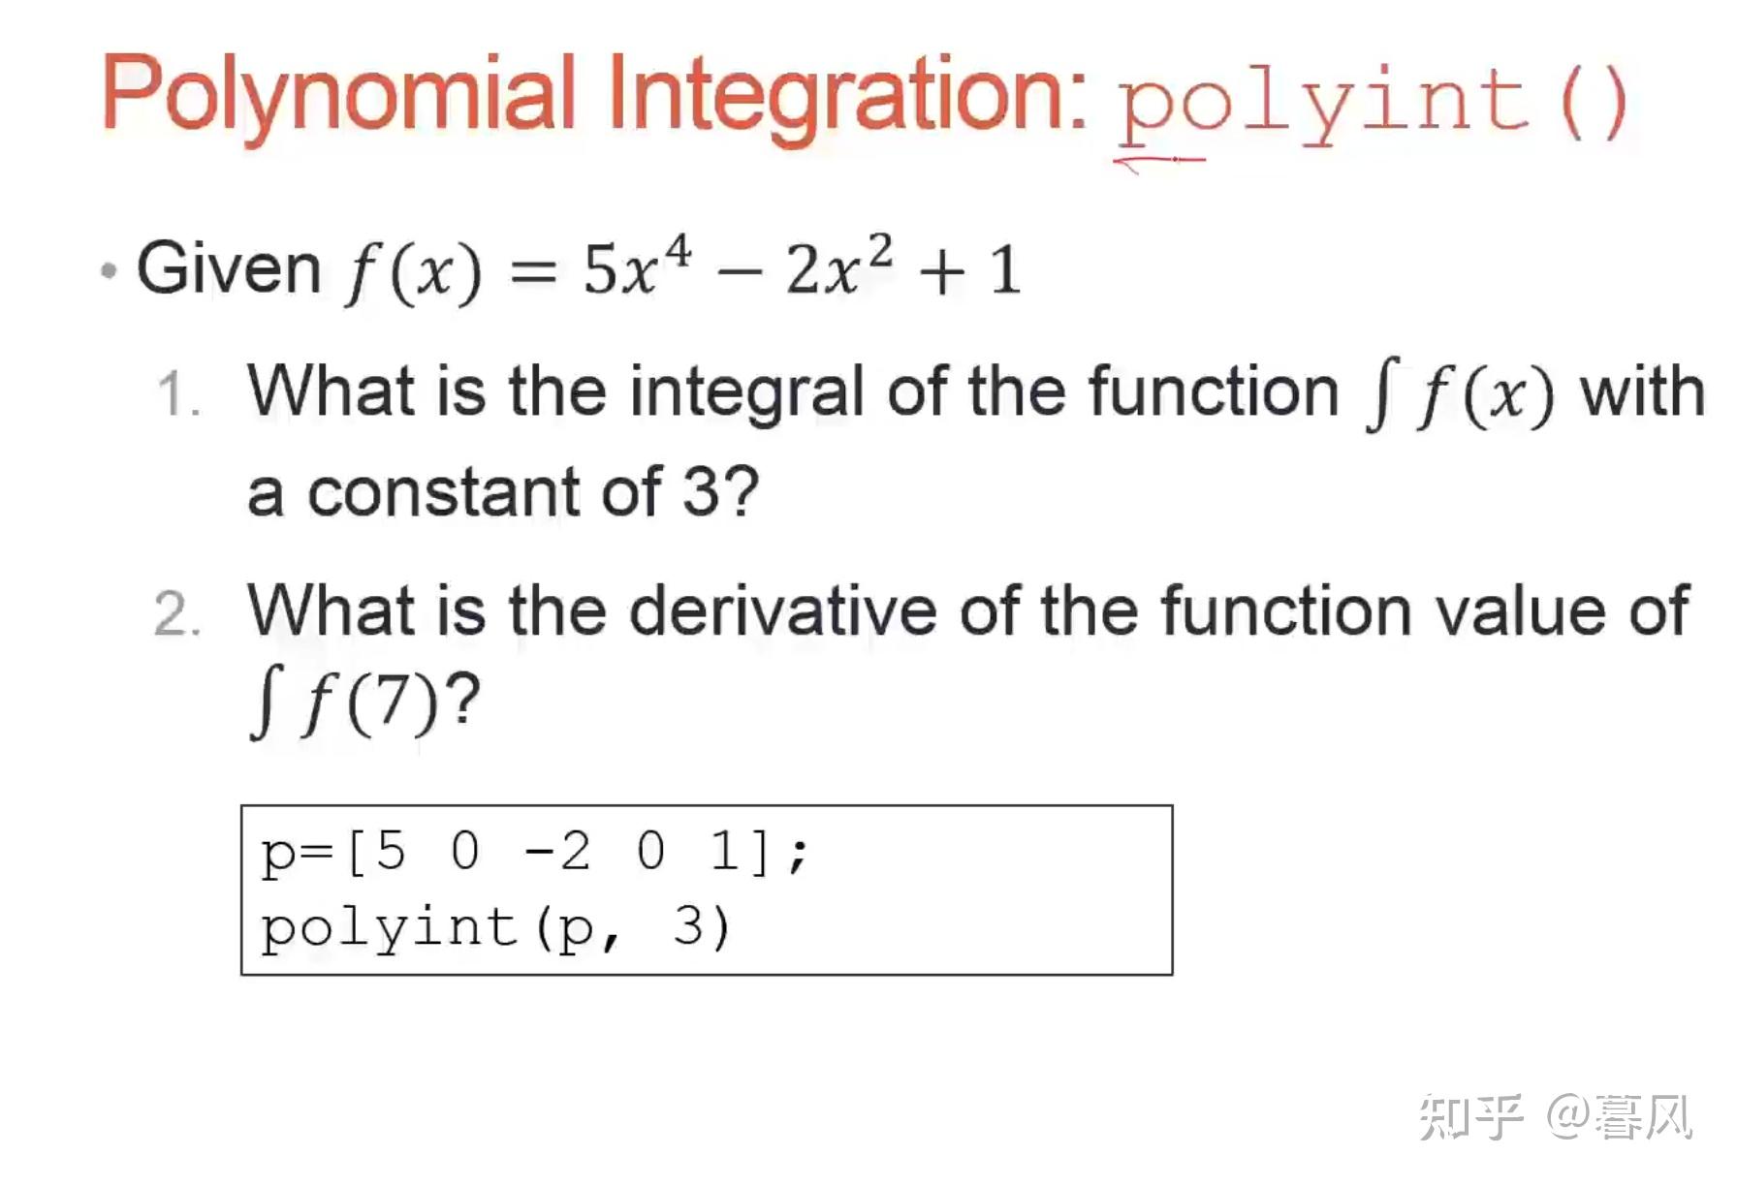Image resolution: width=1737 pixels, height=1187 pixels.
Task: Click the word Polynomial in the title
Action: coord(339,95)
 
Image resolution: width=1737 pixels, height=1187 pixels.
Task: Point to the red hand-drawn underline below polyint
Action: coord(1160,161)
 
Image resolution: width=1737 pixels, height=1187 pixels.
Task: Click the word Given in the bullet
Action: coord(229,267)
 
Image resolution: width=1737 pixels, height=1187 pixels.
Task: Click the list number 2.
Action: coord(177,614)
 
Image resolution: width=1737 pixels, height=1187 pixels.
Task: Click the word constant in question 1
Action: coord(444,492)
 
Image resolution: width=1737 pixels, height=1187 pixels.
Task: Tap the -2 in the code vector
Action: coord(557,852)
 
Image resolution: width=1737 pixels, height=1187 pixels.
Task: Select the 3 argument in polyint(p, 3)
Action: coord(687,926)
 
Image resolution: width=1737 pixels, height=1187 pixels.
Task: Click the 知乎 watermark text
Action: coord(1471,1116)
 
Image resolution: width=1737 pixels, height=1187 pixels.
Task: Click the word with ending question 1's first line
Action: coord(1642,391)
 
